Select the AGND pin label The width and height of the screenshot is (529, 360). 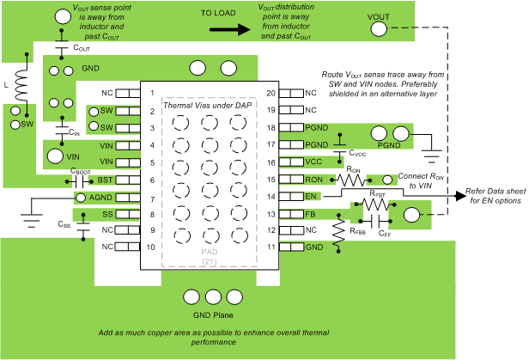(101, 197)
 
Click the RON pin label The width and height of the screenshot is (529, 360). (313, 180)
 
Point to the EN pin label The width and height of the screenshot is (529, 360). (311, 197)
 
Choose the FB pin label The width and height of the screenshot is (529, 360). (311, 214)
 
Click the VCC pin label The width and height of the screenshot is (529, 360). (313, 162)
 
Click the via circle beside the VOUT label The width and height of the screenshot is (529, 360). (379, 29)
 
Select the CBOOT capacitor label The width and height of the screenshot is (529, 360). (82, 171)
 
